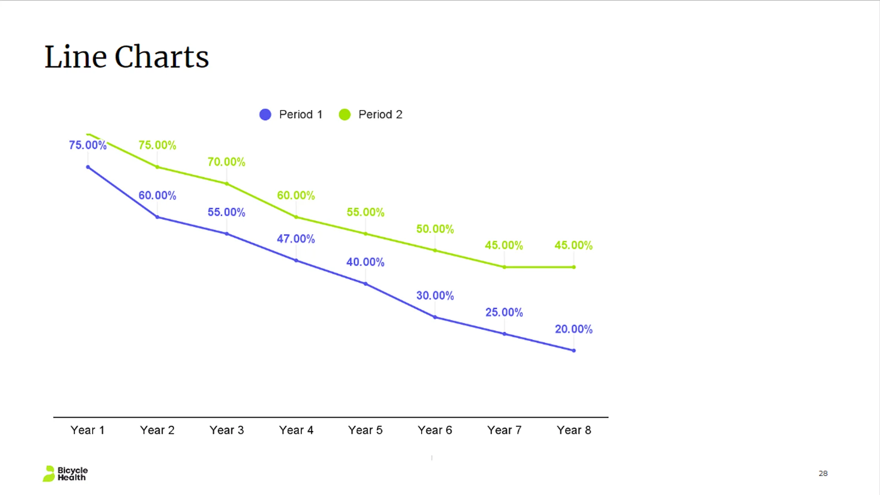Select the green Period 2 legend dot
(345, 115)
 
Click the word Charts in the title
(161, 57)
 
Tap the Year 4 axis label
(296, 430)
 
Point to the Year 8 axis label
(574, 430)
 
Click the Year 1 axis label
(88, 430)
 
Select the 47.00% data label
(296, 239)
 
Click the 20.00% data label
(573, 329)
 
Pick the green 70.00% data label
(226, 162)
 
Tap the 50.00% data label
(435, 229)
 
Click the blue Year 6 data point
(435, 317)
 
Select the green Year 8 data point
(574, 267)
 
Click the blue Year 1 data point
(88, 167)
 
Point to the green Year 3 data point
(227, 184)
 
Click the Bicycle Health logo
(65, 473)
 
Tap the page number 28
(823, 473)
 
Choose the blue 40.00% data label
(365, 262)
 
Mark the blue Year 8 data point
(574, 351)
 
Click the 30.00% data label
(435, 296)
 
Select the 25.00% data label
(504, 312)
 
